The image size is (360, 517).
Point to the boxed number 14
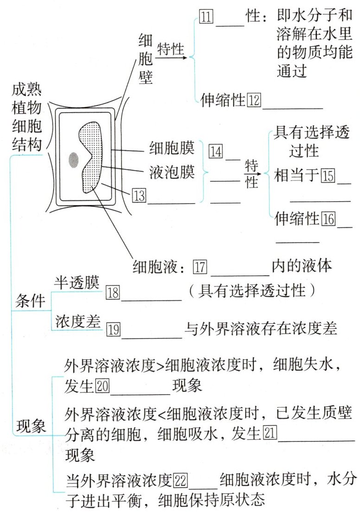[216, 151]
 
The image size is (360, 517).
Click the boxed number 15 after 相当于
[328, 177]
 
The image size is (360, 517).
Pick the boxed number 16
[328, 219]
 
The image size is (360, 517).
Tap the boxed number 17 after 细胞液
[200, 268]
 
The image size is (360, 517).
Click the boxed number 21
[270, 434]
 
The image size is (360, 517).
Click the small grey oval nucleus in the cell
[73, 160]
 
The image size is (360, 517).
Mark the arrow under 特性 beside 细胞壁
[173, 58]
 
